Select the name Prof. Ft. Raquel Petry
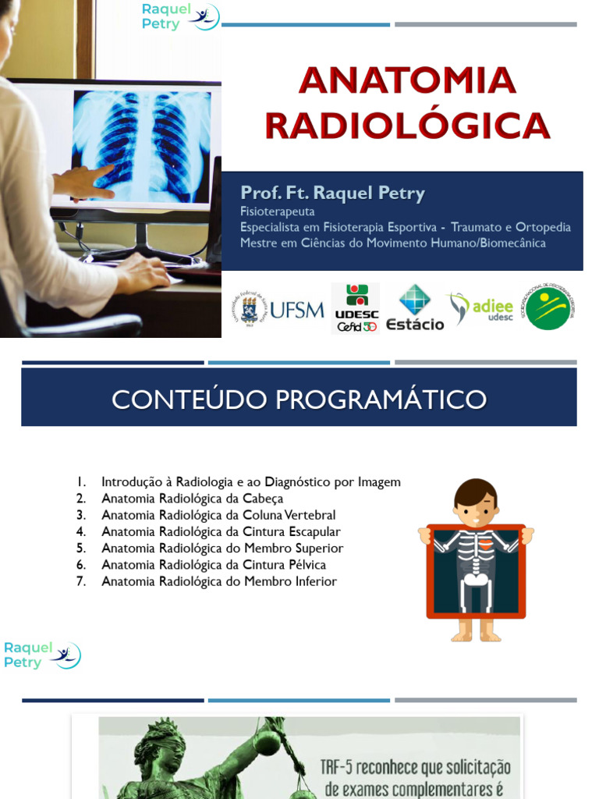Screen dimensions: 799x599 (333, 193)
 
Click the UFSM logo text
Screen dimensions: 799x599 (296, 310)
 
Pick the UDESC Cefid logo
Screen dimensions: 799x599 (356, 309)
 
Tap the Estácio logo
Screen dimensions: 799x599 (415, 309)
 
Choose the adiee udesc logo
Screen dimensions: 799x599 (480, 307)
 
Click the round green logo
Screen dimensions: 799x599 (549, 307)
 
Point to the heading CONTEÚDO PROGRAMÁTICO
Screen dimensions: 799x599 (299, 399)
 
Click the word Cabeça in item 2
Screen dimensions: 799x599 (263, 499)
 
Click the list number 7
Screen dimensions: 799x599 (80, 581)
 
